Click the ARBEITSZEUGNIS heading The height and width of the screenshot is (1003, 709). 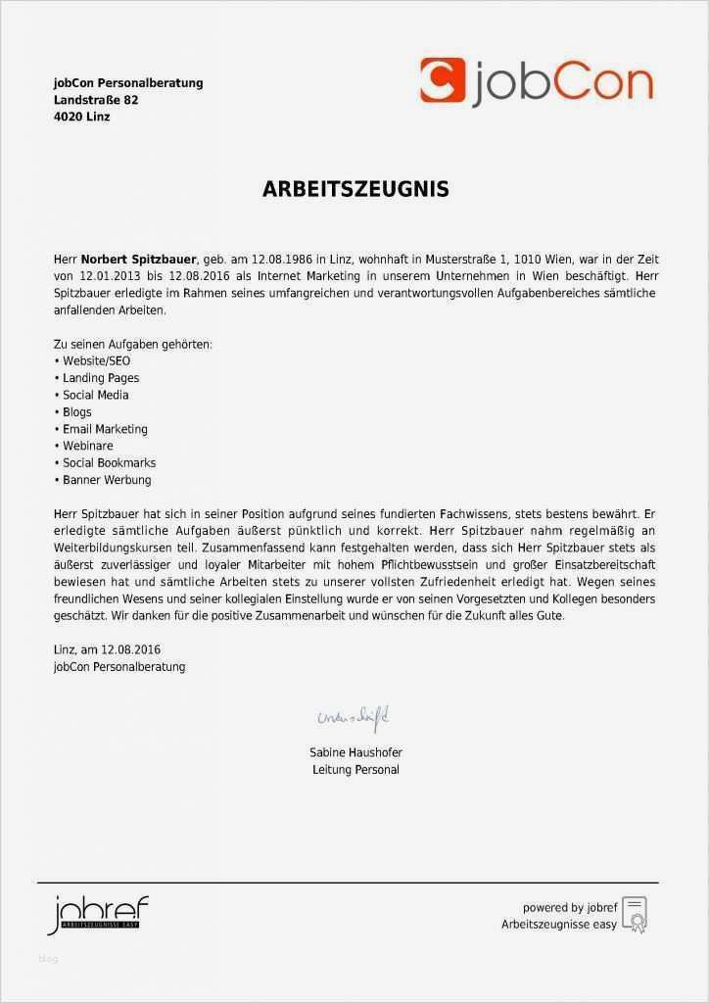tap(354, 190)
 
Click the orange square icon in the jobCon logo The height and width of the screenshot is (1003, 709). tap(442, 80)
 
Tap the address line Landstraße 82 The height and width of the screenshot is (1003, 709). tap(96, 100)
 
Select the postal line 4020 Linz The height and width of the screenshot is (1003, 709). tap(82, 117)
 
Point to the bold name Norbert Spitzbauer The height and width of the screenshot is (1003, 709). tap(139, 260)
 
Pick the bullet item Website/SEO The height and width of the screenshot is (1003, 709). tap(96, 361)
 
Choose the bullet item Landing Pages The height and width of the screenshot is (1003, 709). tap(101, 378)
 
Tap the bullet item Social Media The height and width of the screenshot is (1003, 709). tap(96, 395)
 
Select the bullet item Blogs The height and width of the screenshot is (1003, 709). tap(77, 412)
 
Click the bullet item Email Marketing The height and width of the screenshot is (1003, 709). tap(105, 429)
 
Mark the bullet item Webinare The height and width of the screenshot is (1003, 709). tap(88, 446)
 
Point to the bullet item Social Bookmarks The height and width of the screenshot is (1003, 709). tap(109, 462)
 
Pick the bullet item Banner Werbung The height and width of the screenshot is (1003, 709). tap(107, 480)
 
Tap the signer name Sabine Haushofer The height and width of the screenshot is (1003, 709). tap(355, 752)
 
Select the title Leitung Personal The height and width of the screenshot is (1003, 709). tap(355, 770)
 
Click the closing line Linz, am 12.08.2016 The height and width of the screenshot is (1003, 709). tap(107, 649)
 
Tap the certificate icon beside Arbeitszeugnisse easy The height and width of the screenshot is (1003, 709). tap(636, 915)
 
